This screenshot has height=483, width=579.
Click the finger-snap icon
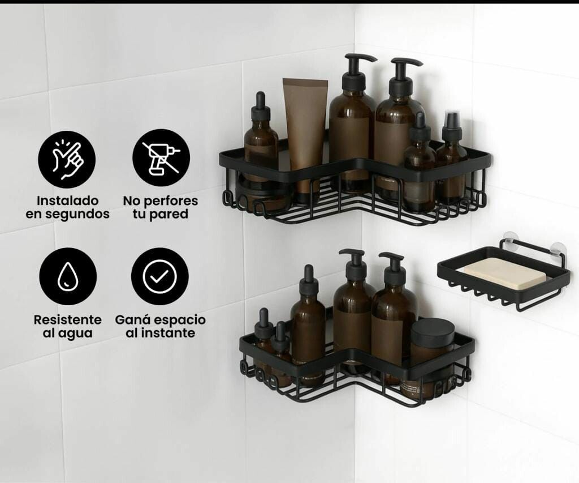pos(67,160)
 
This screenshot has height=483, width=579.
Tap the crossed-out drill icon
pos(161,157)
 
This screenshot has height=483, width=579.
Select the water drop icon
pos(68,276)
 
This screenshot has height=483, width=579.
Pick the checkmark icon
pos(160,276)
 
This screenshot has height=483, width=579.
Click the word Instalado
pos(68,201)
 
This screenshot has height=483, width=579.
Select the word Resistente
pos(68,320)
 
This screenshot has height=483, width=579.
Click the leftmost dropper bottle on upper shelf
pos(261,148)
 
